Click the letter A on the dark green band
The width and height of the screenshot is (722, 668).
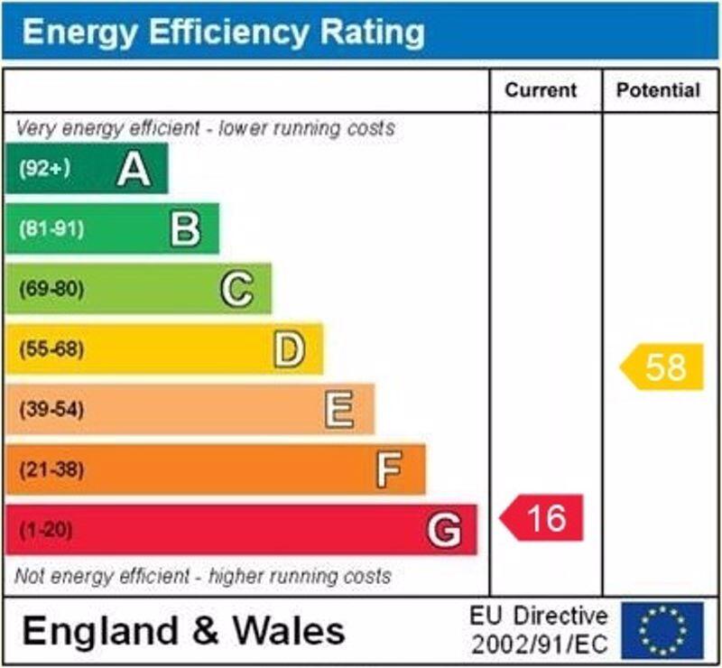click(x=134, y=169)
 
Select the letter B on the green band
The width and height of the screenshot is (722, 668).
click(x=185, y=229)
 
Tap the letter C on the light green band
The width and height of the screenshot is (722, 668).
click(x=236, y=290)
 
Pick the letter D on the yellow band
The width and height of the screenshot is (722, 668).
click(x=289, y=350)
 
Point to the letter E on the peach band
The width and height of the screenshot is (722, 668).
click(x=339, y=411)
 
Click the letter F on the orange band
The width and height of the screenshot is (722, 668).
click(x=389, y=470)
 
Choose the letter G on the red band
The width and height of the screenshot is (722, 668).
click(x=444, y=530)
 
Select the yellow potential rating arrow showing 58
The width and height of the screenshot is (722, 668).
click(x=662, y=367)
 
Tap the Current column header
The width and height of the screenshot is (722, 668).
click(x=541, y=90)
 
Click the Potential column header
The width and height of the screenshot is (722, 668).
click(x=658, y=90)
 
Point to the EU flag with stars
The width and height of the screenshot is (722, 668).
click(x=662, y=629)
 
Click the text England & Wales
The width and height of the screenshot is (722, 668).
click(x=183, y=630)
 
